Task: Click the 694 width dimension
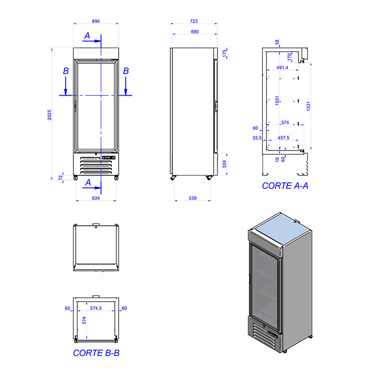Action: click(x=96, y=21)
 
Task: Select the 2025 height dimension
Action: click(x=50, y=115)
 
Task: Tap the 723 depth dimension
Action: click(x=194, y=21)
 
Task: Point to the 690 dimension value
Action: click(x=195, y=32)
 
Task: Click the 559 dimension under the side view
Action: click(x=192, y=198)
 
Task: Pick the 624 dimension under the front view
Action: click(x=96, y=198)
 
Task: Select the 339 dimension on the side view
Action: click(x=224, y=164)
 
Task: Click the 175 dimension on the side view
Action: click(x=224, y=53)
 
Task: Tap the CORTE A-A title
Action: click(x=285, y=186)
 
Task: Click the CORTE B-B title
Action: click(x=96, y=353)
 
